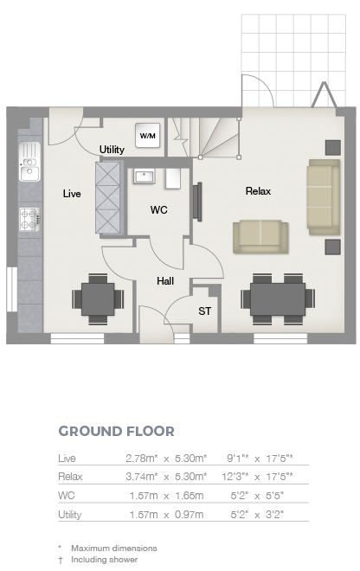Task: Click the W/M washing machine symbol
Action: click(x=148, y=136)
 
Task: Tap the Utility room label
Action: click(x=112, y=150)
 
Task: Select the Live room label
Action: click(x=72, y=194)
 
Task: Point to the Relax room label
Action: click(x=259, y=191)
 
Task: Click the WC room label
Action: click(x=159, y=209)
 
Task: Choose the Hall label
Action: click(x=165, y=281)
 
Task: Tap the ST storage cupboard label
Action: click(x=204, y=311)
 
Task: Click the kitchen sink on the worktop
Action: click(x=29, y=161)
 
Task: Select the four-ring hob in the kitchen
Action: click(x=29, y=220)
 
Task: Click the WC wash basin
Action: click(x=144, y=176)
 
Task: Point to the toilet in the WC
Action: click(x=173, y=178)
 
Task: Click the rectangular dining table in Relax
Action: click(x=278, y=299)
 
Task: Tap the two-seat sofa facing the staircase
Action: click(x=260, y=237)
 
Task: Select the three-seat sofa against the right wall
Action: click(x=324, y=197)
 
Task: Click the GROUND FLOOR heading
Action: click(x=117, y=431)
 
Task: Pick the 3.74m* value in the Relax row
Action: click(x=142, y=477)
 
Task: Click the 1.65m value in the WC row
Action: click(x=190, y=496)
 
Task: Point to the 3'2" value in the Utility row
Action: click(x=275, y=515)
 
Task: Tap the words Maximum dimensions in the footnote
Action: click(x=114, y=548)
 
